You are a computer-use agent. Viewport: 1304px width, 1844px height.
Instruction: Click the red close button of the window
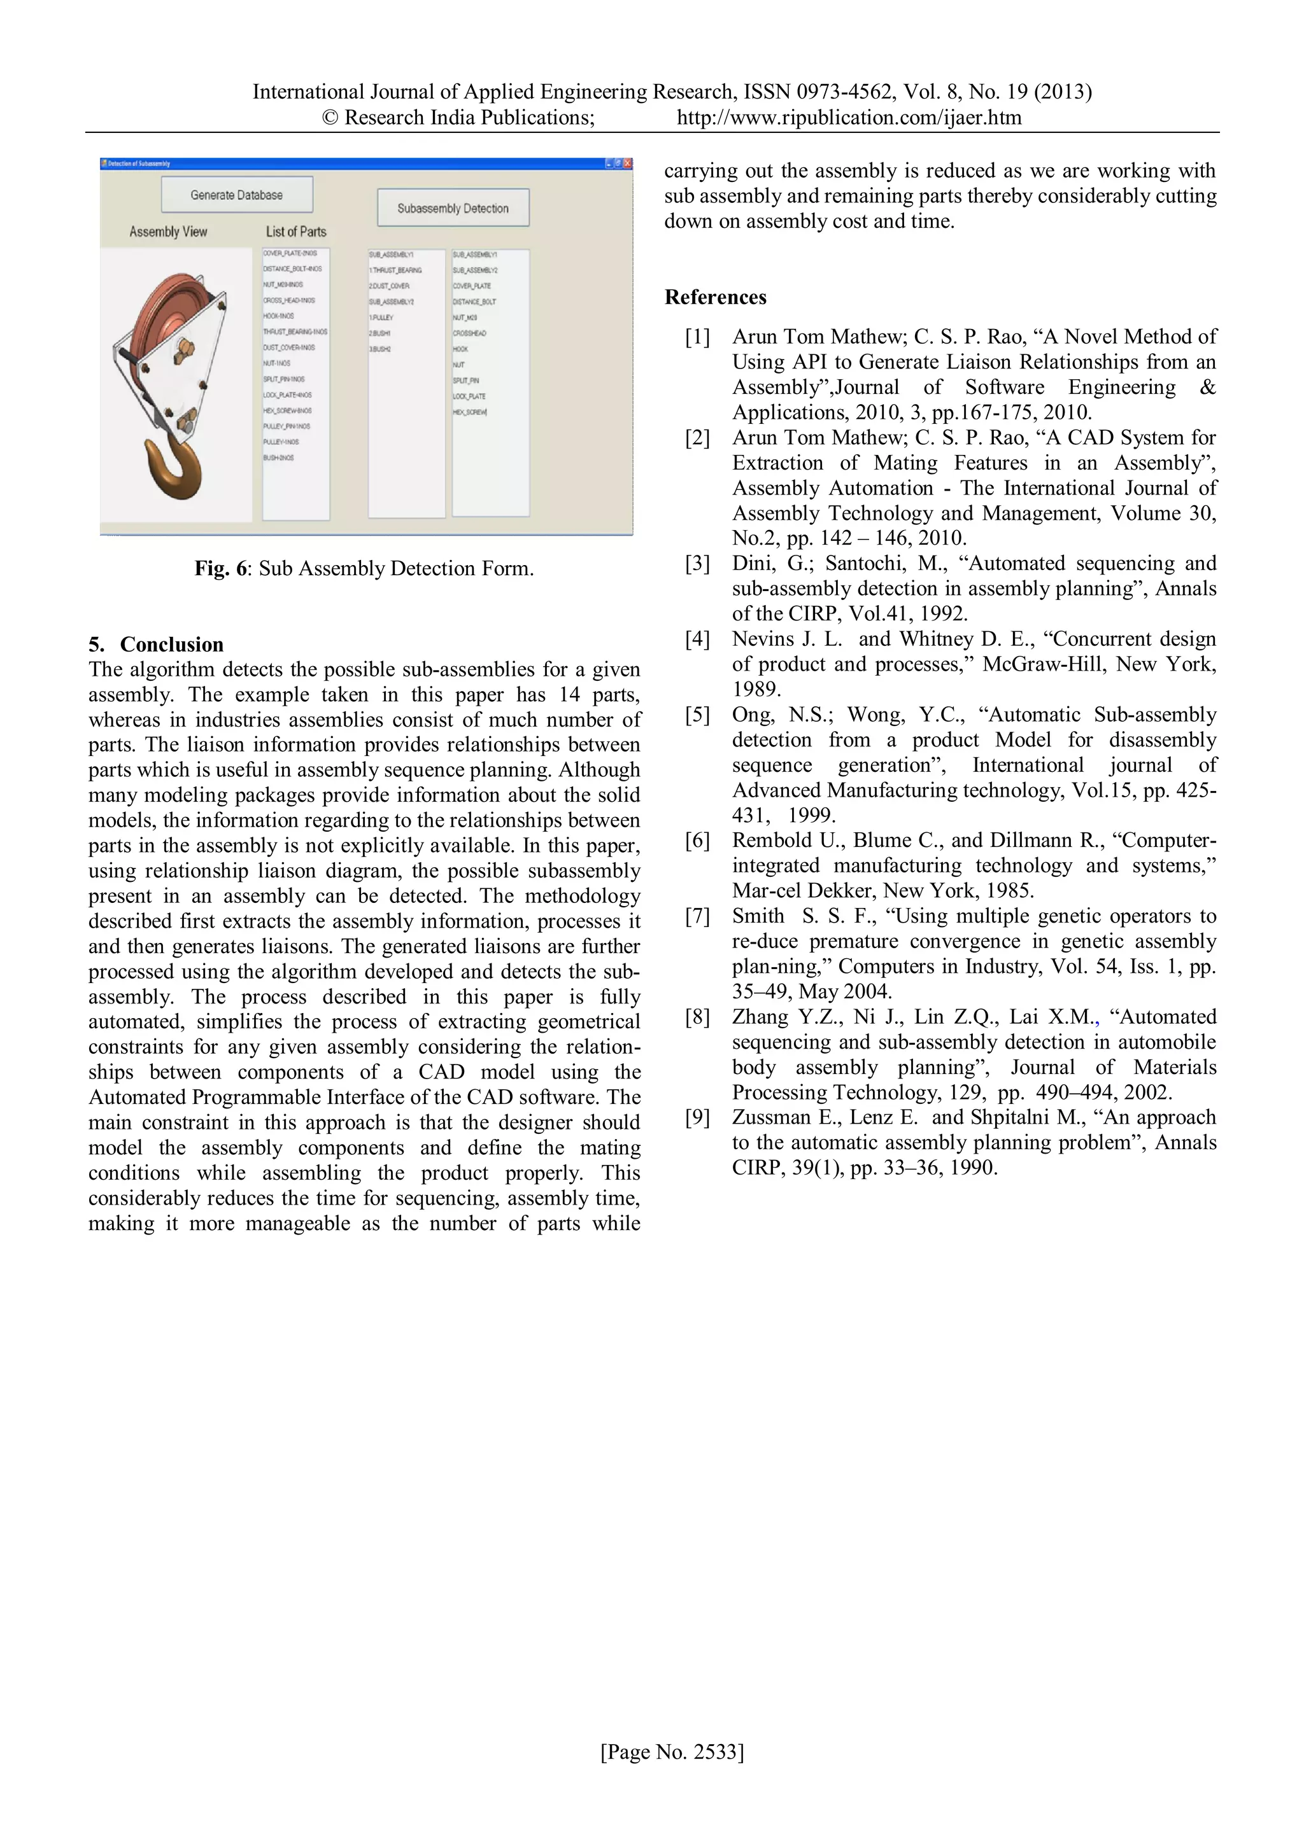(628, 163)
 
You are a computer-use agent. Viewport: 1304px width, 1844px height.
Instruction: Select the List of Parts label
(295, 232)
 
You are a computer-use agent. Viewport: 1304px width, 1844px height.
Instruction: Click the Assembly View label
(168, 232)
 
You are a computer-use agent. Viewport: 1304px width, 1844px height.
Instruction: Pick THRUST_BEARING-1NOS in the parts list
(295, 332)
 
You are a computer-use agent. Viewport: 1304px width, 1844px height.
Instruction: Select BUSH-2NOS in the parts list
(279, 458)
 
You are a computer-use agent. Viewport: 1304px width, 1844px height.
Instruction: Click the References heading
(715, 297)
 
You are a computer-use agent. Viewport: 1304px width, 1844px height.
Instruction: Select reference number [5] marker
(697, 715)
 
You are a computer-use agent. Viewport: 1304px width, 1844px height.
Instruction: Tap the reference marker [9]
(697, 1117)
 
